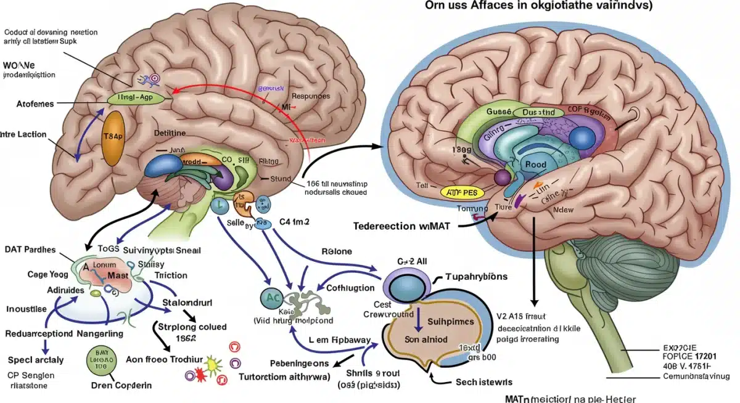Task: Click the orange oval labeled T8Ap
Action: click(x=112, y=138)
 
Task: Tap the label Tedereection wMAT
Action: click(x=402, y=226)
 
